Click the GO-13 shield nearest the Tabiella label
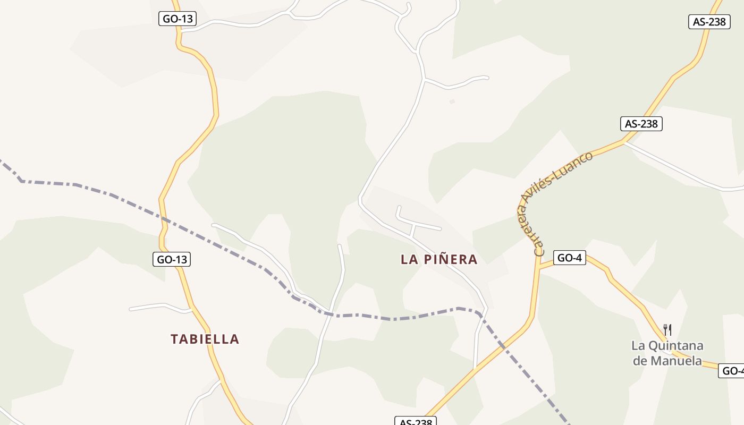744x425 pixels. pos(172,259)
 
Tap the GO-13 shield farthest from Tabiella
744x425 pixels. pos(177,19)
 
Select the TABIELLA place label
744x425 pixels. pos(205,339)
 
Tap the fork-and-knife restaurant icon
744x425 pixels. pos(667,330)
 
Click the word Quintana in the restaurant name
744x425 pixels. pos(675,346)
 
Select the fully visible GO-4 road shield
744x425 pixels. pos(569,258)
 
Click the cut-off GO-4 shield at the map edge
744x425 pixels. pos(732,371)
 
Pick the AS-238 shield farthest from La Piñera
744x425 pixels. pos(709,22)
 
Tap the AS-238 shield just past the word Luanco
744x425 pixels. pos(641,124)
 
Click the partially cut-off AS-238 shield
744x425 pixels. pos(416,421)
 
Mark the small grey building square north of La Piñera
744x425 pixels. pos(452,101)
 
